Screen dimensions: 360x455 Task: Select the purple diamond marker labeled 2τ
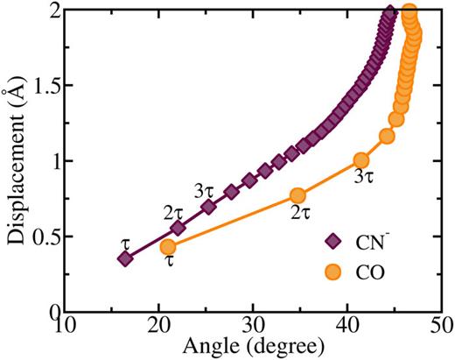[x=178, y=228]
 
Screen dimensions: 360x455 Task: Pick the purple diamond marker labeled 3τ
[x=208, y=207]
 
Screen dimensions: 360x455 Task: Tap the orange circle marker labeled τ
[x=168, y=247]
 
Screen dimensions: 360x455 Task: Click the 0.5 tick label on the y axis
[x=38, y=237]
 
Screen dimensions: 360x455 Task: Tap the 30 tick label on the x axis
[x=253, y=325]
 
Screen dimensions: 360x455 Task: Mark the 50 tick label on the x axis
[x=441, y=325]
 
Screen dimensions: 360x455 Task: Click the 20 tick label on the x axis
[x=158, y=325]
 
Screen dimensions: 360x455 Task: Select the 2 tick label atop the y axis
[x=47, y=11]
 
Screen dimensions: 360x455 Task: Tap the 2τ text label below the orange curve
[x=302, y=213]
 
